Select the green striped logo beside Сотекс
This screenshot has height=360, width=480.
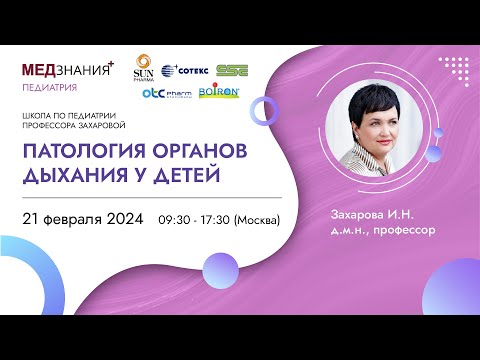(234, 71)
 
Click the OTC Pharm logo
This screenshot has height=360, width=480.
(165, 93)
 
